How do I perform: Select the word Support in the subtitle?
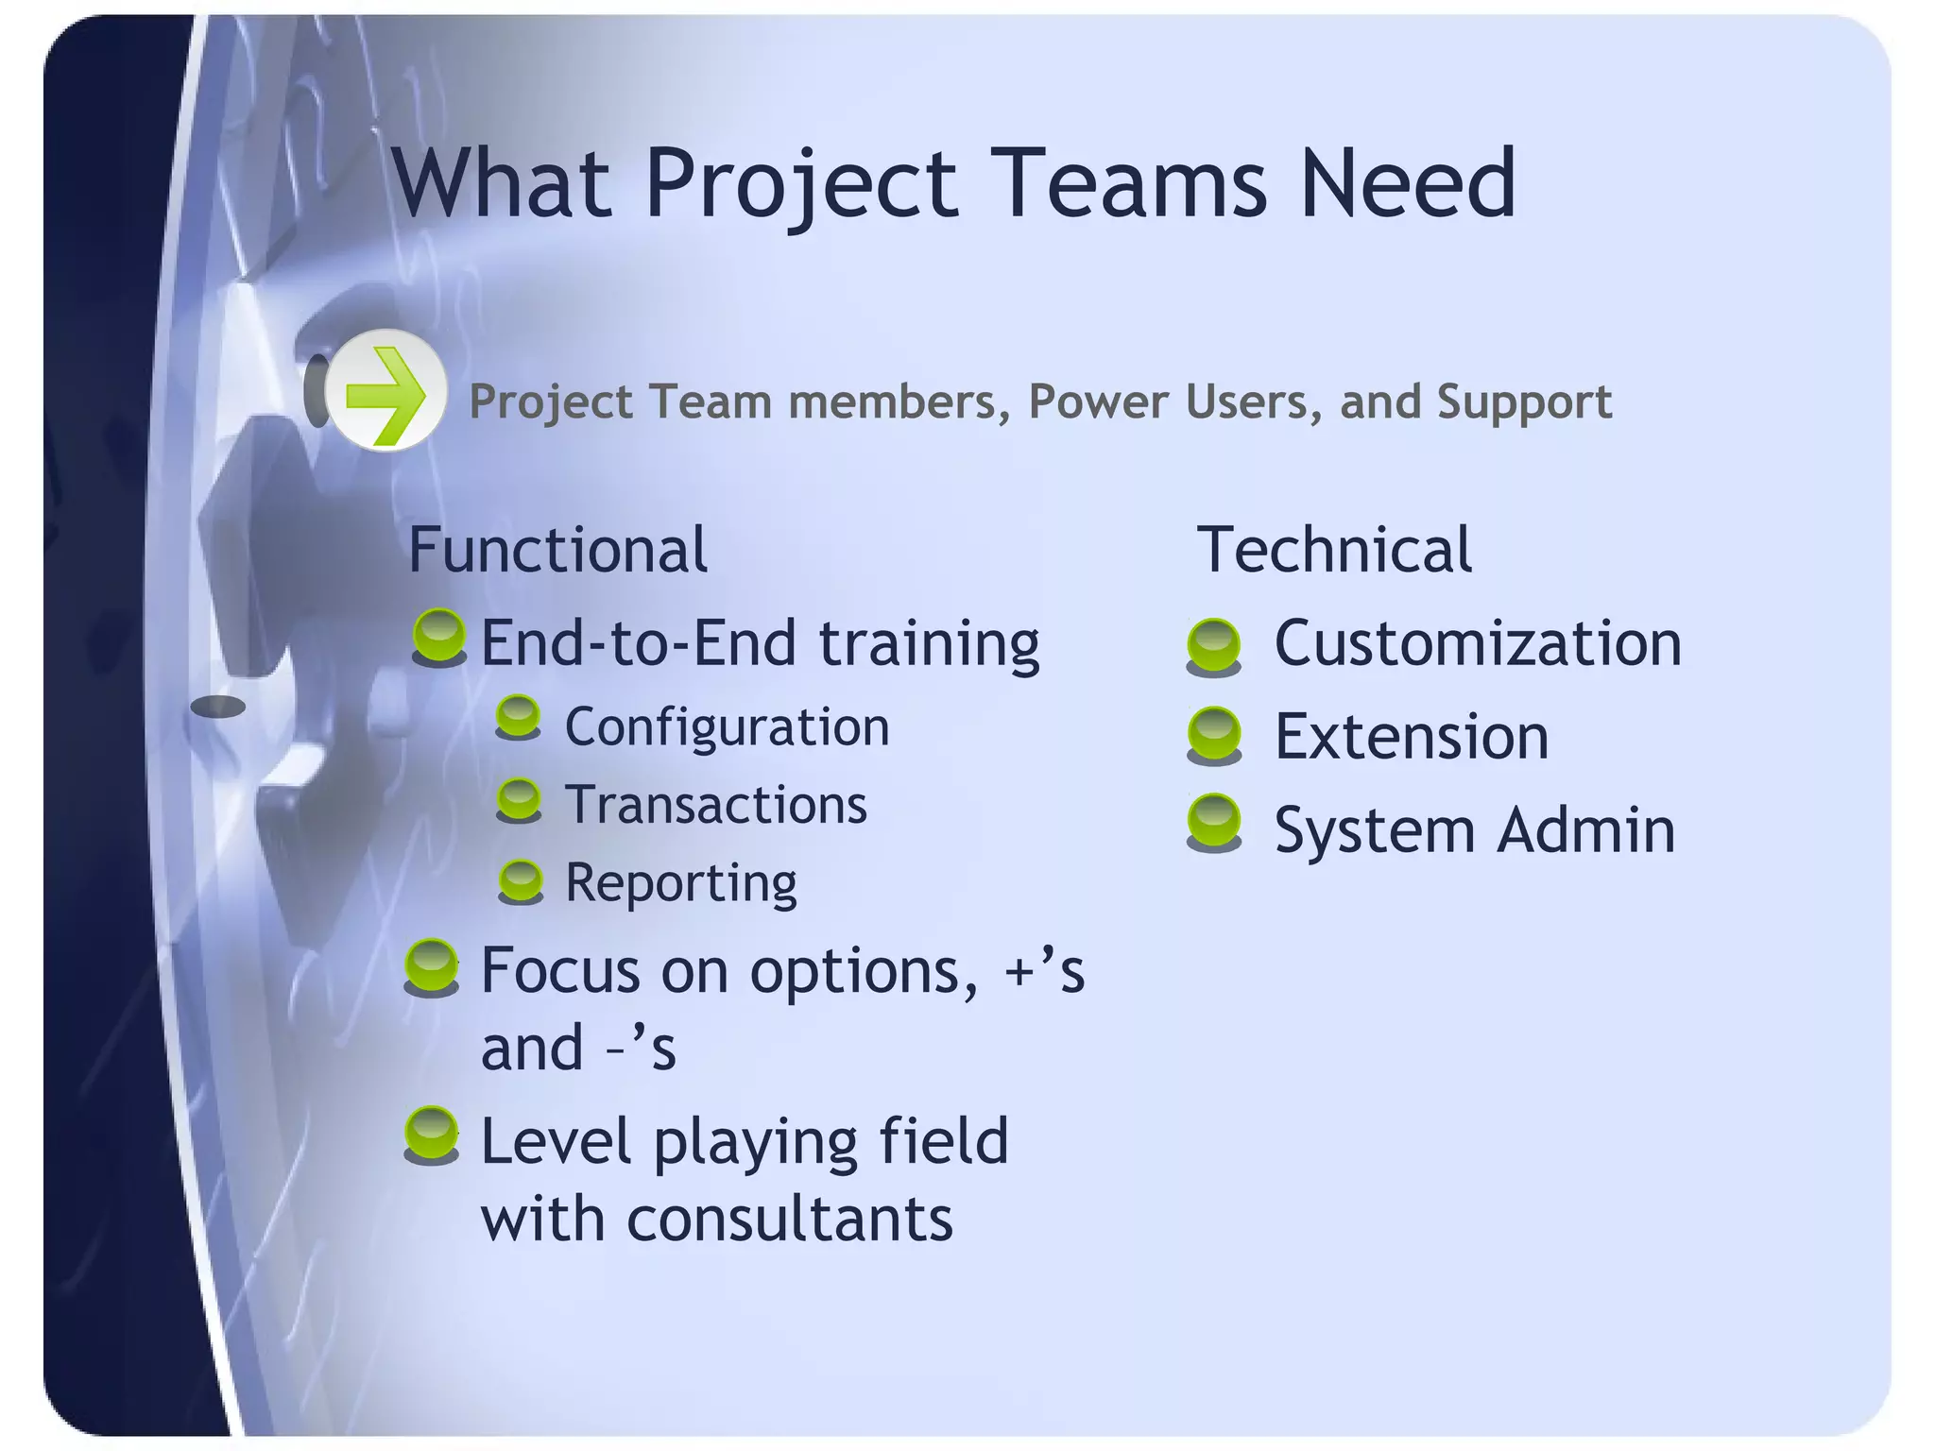1524,402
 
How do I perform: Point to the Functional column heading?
557,550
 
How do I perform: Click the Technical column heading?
1333,550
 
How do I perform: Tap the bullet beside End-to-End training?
439,637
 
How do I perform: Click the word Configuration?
727,727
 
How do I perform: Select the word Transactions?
715,805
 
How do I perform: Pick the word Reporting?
680,883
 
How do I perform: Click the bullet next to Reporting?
521,881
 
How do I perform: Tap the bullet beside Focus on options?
432,966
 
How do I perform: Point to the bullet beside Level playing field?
432,1135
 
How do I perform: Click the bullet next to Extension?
1214,734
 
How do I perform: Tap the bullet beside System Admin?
1214,823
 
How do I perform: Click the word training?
929,644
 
